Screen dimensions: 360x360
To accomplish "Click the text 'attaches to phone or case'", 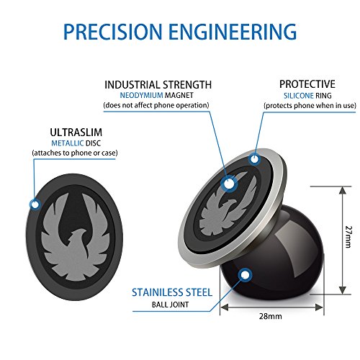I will click(75, 153).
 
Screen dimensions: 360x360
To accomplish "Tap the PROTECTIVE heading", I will click(307, 84).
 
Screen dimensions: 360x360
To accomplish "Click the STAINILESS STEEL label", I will click(171, 292).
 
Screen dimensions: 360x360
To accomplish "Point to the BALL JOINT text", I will click(171, 304).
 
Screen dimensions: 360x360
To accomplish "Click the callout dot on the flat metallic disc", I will click(34, 205).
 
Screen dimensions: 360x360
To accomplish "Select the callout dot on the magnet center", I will click(230, 184).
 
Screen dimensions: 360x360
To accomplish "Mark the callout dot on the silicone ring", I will click(253, 158).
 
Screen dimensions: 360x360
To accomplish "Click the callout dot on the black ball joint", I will click(246, 274).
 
